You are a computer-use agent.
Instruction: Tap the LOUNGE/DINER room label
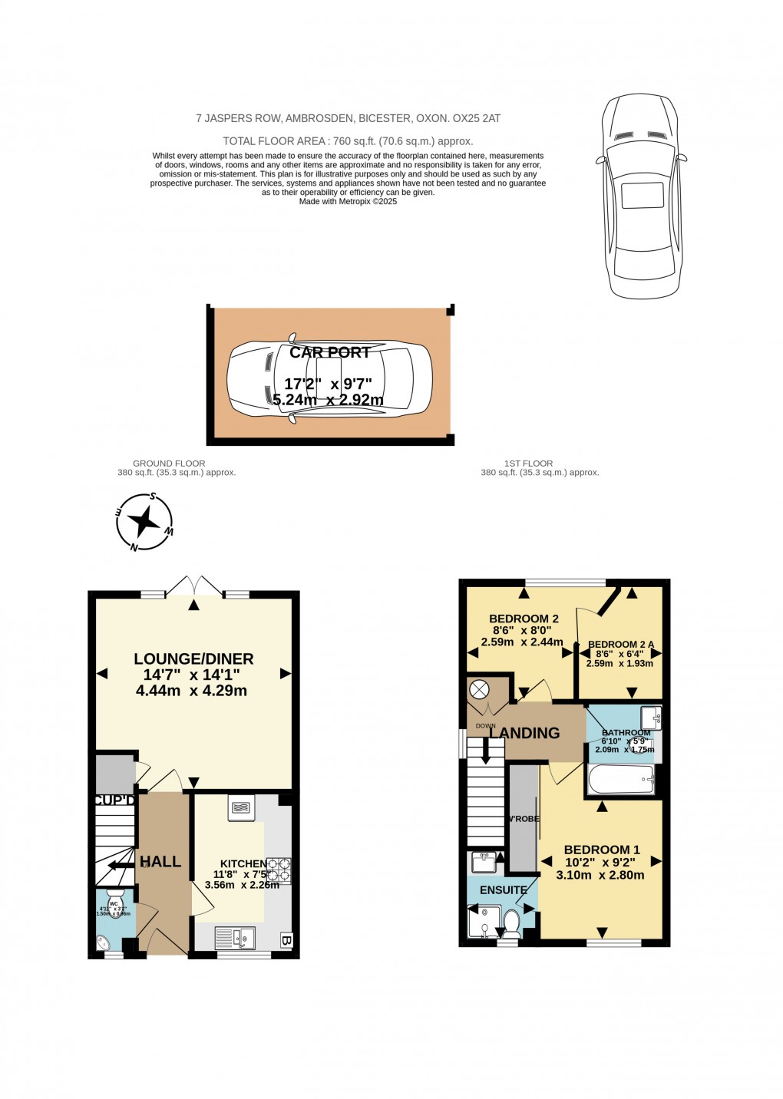pyautogui.click(x=193, y=658)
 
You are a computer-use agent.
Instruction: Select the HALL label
pyautogui.click(x=160, y=862)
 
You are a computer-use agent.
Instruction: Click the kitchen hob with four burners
pyautogui.click(x=279, y=870)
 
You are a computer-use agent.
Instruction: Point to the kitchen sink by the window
pyautogui.click(x=234, y=937)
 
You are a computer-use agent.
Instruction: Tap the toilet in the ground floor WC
pyautogui.click(x=116, y=897)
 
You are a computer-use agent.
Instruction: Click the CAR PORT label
pyautogui.click(x=330, y=352)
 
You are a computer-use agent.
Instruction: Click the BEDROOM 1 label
pyautogui.click(x=602, y=850)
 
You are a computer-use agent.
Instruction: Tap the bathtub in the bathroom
pyautogui.click(x=620, y=783)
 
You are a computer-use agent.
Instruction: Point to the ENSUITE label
pyautogui.click(x=504, y=890)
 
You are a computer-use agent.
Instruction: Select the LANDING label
pyautogui.click(x=525, y=733)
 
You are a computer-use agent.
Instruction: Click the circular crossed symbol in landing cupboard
pyautogui.click(x=479, y=689)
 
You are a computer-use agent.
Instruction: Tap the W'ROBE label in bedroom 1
pyautogui.click(x=524, y=819)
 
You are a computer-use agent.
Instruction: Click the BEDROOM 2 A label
pyautogui.click(x=621, y=645)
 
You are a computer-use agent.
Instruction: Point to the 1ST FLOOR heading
pyautogui.click(x=528, y=464)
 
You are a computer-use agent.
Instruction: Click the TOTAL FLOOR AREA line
pyautogui.click(x=348, y=141)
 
